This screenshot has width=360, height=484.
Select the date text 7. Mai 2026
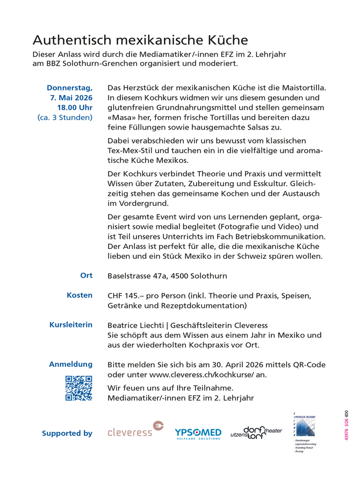(x=71, y=98)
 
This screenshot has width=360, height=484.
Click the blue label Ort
(x=86, y=275)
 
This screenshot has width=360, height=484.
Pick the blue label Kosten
(x=80, y=295)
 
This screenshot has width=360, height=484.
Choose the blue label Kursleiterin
(x=70, y=325)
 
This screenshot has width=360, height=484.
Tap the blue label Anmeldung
(x=70, y=364)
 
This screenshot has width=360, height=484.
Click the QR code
(x=78, y=388)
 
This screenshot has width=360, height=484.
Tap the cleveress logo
(x=135, y=429)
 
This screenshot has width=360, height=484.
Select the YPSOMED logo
(x=198, y=432)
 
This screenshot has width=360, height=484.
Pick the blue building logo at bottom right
(x=304, y=425)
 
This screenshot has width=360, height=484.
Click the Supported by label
(x=67, y=433)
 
